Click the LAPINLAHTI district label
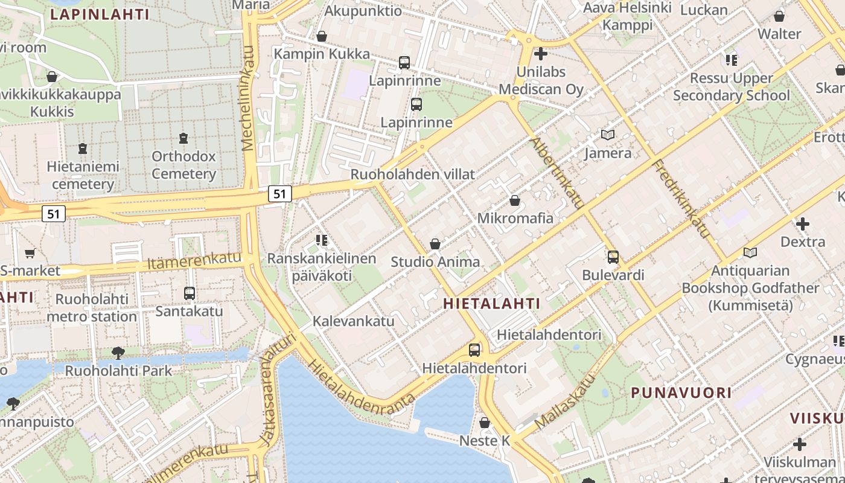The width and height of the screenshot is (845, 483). click(x=100, y=14)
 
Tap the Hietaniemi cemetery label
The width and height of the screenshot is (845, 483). click(x=83, y=175)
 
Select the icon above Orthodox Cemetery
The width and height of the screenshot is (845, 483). click(x=183, y=138)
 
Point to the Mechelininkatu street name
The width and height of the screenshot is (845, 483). click(x=248, y=98)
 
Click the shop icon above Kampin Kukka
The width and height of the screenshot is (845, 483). click(x=322, y=36)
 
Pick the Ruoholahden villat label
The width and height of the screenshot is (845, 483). click(x=413, y=174)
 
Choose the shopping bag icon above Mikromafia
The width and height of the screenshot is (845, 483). click(x=515, y=200)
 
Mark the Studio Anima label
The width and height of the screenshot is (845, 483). click(x=435, y=262)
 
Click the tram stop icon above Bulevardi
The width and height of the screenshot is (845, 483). click(x=613, y=257)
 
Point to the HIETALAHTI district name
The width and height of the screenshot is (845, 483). click(x=491, y=304)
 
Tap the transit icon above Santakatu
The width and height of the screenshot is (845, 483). click(x=190, y=293)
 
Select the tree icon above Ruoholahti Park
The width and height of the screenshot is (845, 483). click(x=118, y=353)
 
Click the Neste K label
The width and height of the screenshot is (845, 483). click(x=485, y=441)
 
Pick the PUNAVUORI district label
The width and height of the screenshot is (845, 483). click(x=681, y=393)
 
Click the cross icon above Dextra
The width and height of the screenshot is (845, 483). click(x=802, y=224)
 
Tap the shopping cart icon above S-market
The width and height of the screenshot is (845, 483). click(x=30, y=254)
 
